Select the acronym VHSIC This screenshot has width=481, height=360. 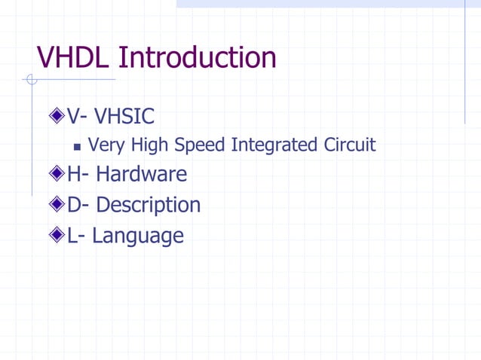pyautogui.click(x=124, y=117)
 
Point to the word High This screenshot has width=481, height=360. pyautogui.click(x=150, y=145)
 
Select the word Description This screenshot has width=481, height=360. pyautogui.click(x=149, y=205)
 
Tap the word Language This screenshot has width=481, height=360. pyautogui.click(x=138, y=236)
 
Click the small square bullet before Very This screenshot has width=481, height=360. pyautogui.click(x=78, y=145)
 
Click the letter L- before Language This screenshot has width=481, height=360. pyautogui.click(x=76, y=236)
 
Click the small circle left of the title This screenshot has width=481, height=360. pyautogui.click(x=30, y=80)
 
